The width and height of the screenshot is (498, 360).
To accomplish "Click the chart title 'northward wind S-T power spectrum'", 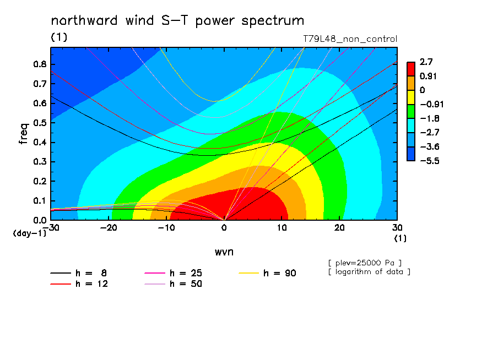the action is pyautogui.click(x=177, y=21).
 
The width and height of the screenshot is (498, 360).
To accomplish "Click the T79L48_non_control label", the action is pyautogui.click(x=350, y=39).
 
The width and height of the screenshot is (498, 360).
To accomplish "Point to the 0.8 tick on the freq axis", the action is pyautogui.click(x=40, y=64).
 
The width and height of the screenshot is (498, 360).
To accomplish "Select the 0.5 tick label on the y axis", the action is pyautogui.click(x=40, y=123).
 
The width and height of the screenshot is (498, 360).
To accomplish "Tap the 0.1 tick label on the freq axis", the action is pyautogui.click(x=40, y=201).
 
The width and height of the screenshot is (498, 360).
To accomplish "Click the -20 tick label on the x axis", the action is pyautogui.click(x=109, y=228).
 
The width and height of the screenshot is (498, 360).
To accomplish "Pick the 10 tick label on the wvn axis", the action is pyautogui.click(x=282, y=228).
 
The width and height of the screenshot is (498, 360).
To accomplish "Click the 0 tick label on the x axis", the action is pyautogui.click(x=224, y=228).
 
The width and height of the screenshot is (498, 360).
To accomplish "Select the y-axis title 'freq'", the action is pyautogui.click(x=24, y=134).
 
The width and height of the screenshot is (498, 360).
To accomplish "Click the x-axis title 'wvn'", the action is pyautogui.click(x=224, y=252).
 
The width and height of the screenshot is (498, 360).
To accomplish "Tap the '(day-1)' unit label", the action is pyautogui.click(x=30, y=233).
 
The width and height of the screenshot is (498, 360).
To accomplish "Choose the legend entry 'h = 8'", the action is pyautogui.click(x=78, y=273).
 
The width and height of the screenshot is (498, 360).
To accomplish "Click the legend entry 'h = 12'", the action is pyautogui.click(x=79, y=284).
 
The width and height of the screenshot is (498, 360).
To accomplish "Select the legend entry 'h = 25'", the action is pyautogui.click(x=174, y=273).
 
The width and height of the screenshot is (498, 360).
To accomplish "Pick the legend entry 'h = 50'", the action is pyautogui.click(x=174, y=284).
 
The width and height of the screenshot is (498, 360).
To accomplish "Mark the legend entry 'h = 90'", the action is pyautogui.click(x=267, y=273).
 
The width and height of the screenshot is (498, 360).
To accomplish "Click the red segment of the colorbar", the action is pyautogui.click(x=411, y=69).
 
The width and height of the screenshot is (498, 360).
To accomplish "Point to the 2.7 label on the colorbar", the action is pyautogui.click(x=426, y=62).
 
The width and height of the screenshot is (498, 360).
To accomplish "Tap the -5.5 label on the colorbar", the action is pyautogui.click(x=429, y=161).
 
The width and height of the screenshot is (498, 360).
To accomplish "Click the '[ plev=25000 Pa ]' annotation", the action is pyautogui.click(x=365, y=263).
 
